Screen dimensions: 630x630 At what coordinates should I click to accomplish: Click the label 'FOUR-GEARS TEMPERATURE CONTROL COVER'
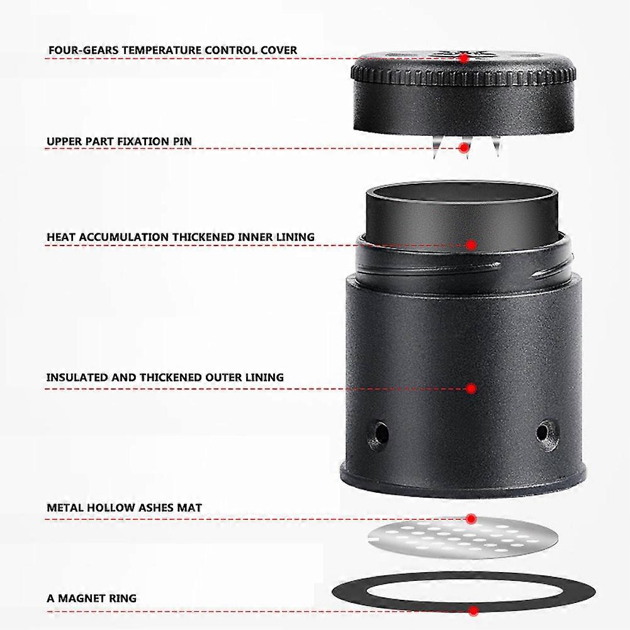point(173,50)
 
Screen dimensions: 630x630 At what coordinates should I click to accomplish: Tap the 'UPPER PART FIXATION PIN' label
point(119,142)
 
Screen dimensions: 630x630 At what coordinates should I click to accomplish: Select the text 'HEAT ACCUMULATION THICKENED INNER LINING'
point(181,237)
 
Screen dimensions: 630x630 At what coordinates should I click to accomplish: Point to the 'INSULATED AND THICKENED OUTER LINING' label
point(165,378)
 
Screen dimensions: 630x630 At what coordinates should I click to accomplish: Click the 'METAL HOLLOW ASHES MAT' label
point(124,507)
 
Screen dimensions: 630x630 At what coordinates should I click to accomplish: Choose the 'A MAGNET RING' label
point(92,599)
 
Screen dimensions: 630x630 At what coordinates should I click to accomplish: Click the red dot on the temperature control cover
point(464,59)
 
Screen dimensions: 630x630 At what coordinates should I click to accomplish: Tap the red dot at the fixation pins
point(464,148)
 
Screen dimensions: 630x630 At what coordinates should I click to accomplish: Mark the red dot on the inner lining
point(471,245)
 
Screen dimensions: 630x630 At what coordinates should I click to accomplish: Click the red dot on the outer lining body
point(471,388)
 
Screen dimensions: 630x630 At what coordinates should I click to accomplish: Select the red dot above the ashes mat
point(471,519)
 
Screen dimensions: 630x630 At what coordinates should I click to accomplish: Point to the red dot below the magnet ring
point(473,611)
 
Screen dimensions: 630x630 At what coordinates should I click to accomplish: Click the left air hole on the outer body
point(378,434)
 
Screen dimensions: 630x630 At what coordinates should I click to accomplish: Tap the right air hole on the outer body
point(548,434)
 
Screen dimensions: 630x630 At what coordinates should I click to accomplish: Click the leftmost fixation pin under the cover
point(437,147)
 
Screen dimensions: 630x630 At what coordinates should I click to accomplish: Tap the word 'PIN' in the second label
point(182,142)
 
